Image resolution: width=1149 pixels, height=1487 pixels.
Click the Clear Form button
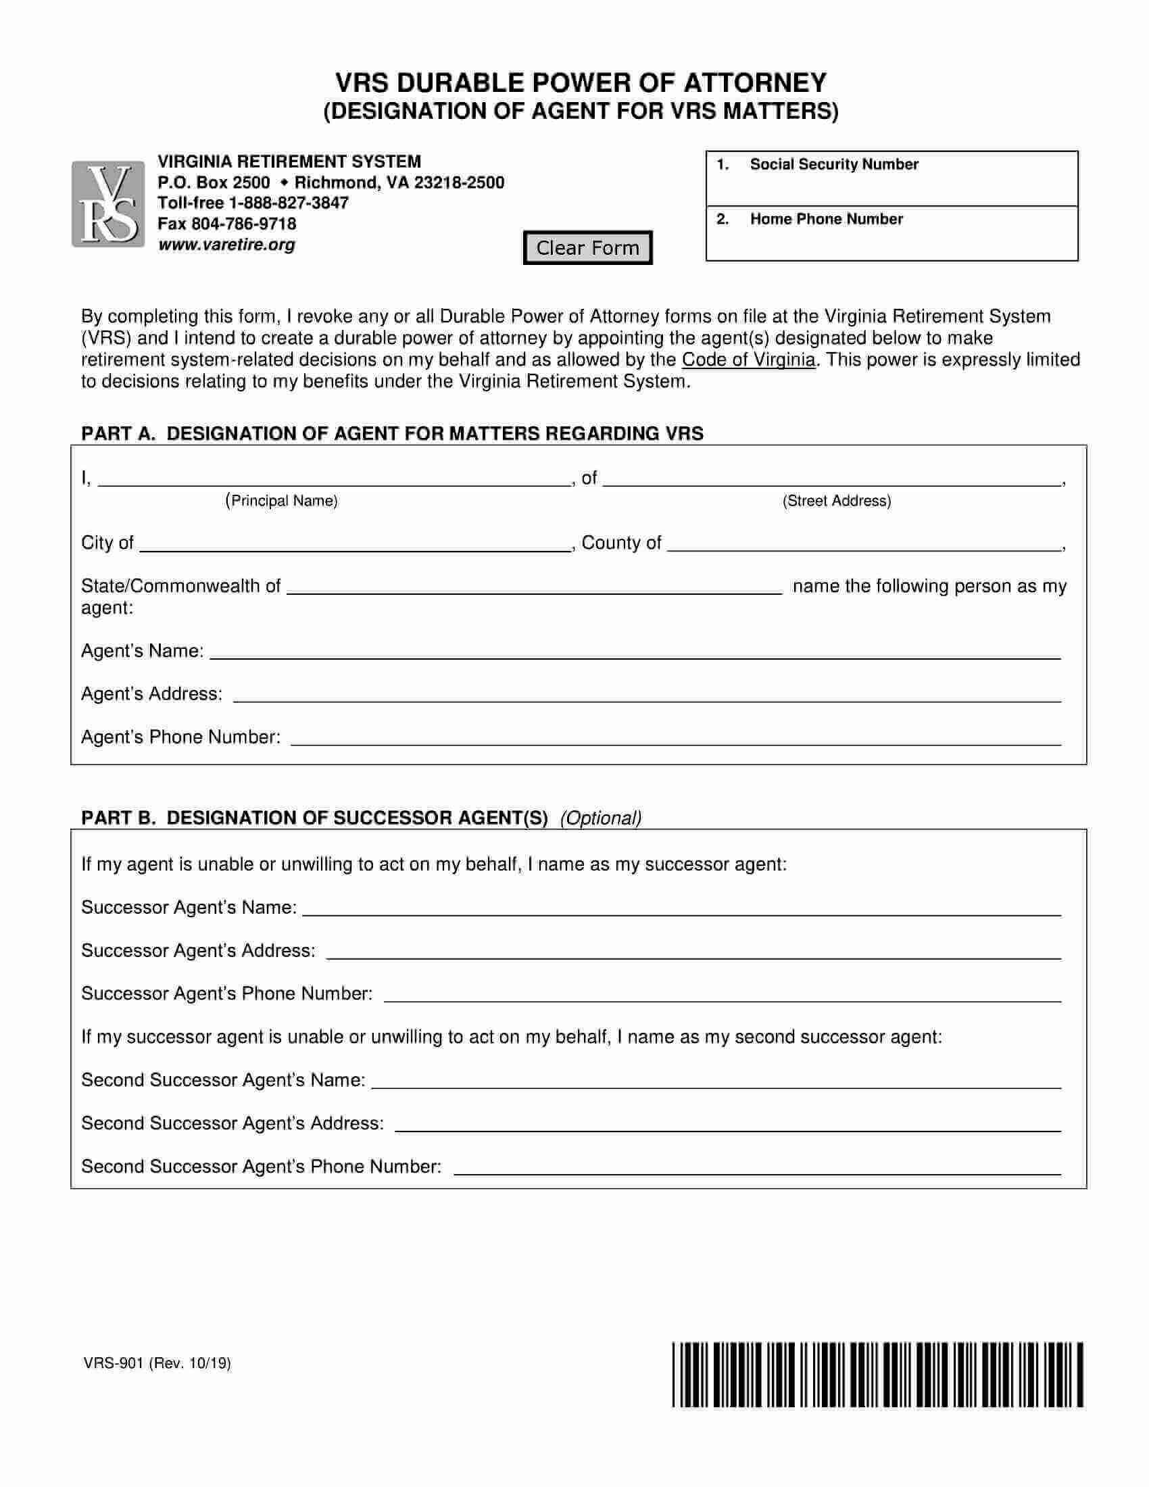(x=587, y=248)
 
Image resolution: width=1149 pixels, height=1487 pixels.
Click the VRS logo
(x=108, y=204)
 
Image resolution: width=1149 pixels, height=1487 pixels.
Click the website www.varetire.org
(x=226, y=245)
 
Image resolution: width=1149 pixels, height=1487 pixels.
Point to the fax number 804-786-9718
(x=244, y=224)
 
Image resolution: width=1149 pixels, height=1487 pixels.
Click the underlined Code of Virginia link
(x=748, y=360)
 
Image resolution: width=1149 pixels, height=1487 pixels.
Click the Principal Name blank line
(x=333, y=480)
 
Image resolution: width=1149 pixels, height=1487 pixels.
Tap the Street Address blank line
(x=832, y=480)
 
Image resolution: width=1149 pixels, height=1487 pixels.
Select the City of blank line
(x=354, y=545)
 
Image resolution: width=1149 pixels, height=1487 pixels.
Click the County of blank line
(x=863, y=545)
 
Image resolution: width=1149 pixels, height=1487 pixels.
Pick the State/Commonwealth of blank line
(x=535, y=588)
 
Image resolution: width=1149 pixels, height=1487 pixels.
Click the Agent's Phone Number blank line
(x=675, y=739)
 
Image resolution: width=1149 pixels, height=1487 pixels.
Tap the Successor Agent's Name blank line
(x=681, y=910)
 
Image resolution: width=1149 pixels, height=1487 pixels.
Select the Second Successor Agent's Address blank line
(x=728, y=1125)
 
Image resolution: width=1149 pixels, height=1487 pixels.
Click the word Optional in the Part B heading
(x=600, y=819)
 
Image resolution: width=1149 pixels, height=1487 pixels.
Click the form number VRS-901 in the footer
(x=113, y=1363)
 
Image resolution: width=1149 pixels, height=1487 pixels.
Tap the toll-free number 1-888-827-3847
(x=288, y=203)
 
